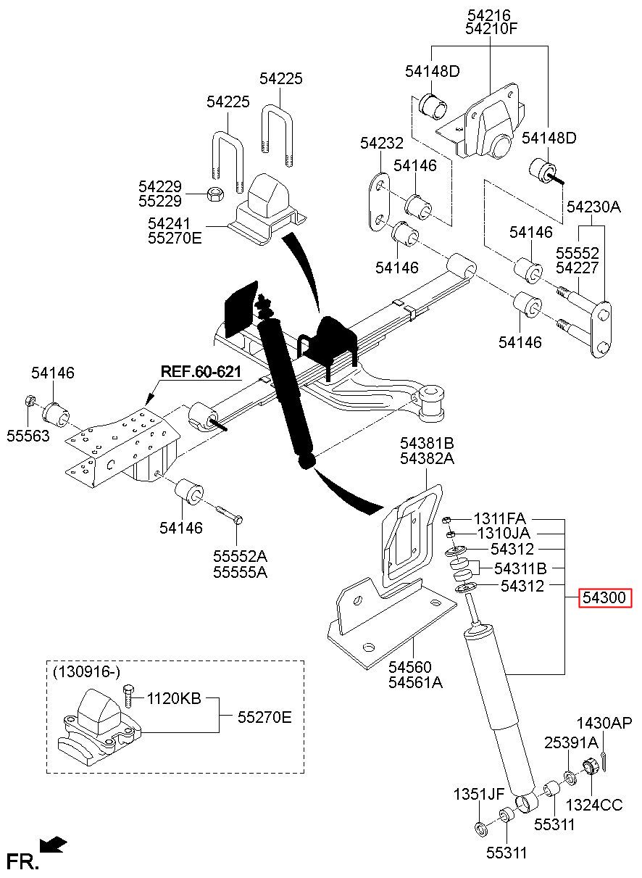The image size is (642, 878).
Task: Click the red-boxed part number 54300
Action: pyautogui.click(x=605, y=599)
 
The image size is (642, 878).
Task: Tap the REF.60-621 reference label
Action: pyautogui.click(x=200, y=372)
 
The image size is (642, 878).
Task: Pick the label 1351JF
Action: pyautogui.click(x=479, y=794)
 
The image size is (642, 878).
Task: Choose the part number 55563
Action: pyautogui.click(x=27, y=435)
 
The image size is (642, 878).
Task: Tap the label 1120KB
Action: pyautogui.click(x=173, y=700)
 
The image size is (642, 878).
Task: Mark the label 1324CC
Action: pyautogui.click(x=593, y=805)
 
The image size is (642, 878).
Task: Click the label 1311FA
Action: pyautogui.click(x=499, y=519)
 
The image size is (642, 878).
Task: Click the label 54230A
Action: pyautogui.click(x=593, y=207)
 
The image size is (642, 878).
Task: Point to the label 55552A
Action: pyautogui.click(x=240, y=557)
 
